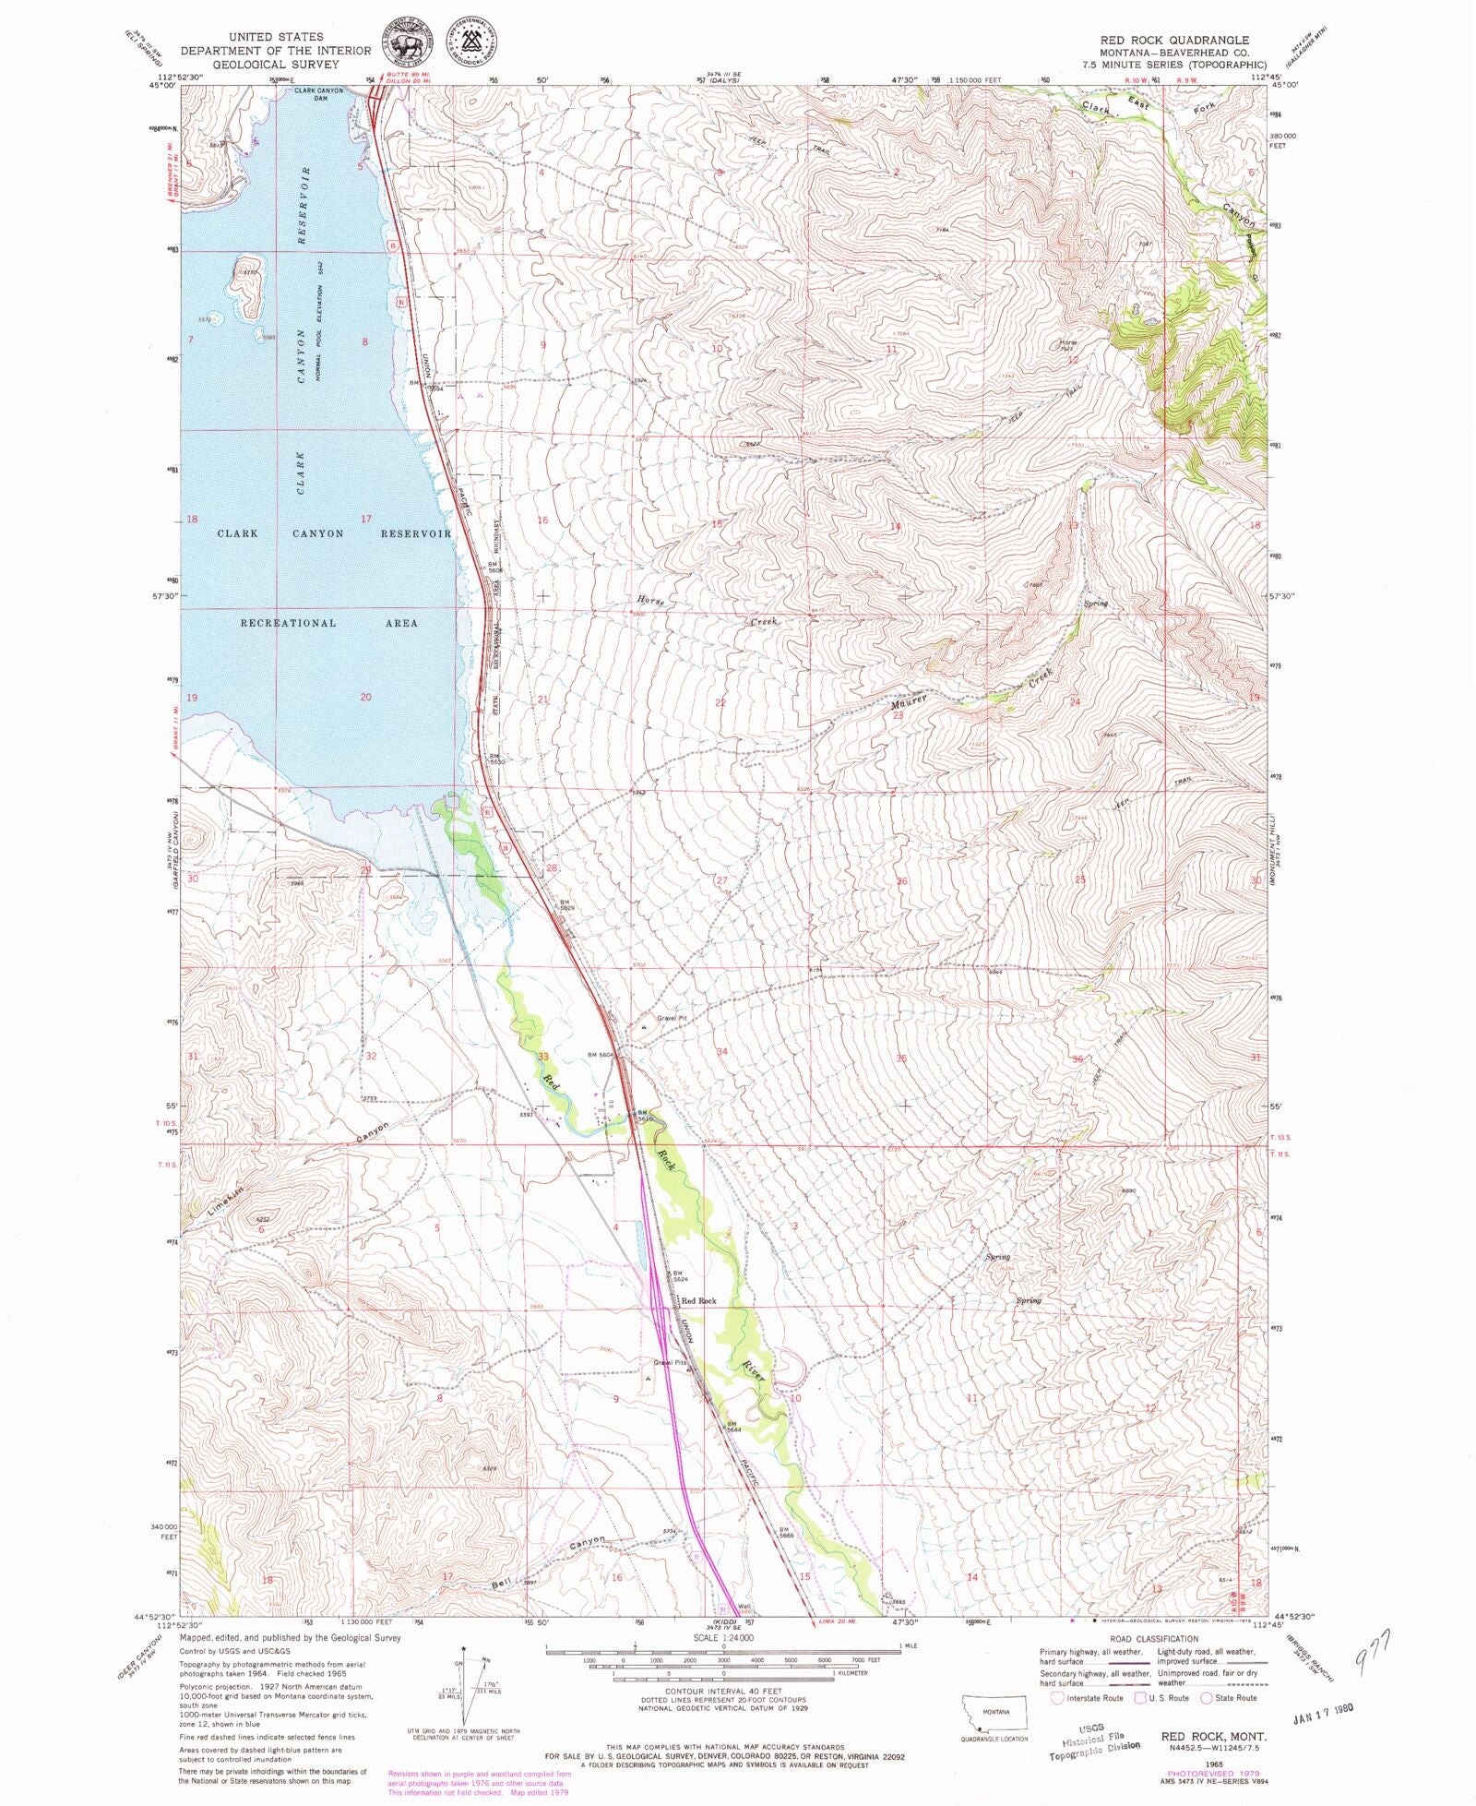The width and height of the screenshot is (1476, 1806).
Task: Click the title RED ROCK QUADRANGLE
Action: tap(1173, 41)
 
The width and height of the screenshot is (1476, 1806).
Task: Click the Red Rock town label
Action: tap(698, 1300)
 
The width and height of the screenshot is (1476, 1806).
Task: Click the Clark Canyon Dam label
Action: tap(318, 94)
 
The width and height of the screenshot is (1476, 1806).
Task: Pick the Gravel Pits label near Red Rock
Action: tap(671, 1362)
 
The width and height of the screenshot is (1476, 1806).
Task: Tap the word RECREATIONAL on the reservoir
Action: tap(288, 623)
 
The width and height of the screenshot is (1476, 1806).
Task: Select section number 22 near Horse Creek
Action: tap(720, 703)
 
